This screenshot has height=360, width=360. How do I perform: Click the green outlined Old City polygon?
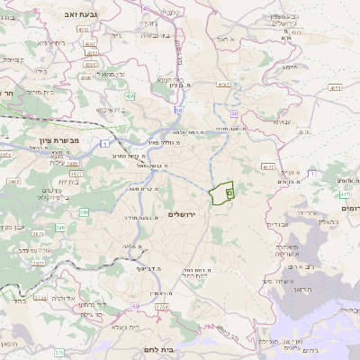coord(221,193)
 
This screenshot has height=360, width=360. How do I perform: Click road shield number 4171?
coord(335,88)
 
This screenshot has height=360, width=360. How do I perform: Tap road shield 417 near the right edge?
coord(345,193)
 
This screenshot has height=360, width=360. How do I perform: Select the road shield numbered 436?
coord(130,95)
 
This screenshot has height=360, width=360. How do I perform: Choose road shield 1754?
coord(162,308)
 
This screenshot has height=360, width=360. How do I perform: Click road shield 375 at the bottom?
coord(59,353)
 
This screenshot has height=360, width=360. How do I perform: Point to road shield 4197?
coord(224,85)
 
